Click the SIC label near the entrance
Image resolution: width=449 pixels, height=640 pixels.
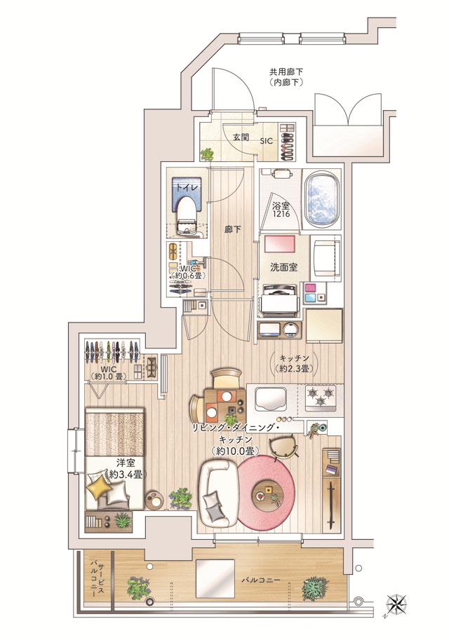[267, 141]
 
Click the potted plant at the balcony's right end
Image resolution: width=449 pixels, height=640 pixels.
[315, 587]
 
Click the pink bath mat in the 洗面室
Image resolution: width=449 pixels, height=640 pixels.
[282, 245]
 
